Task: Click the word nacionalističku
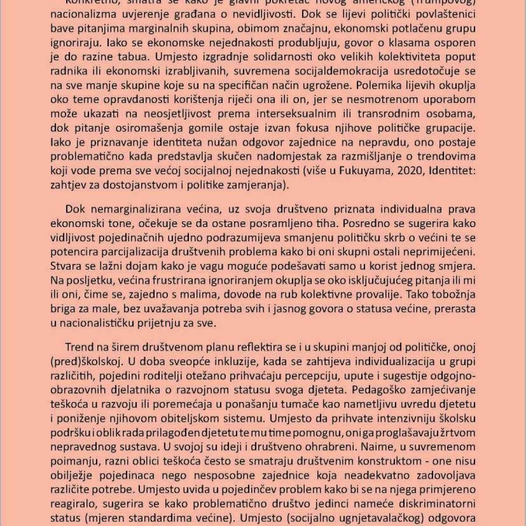pos(96,323)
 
